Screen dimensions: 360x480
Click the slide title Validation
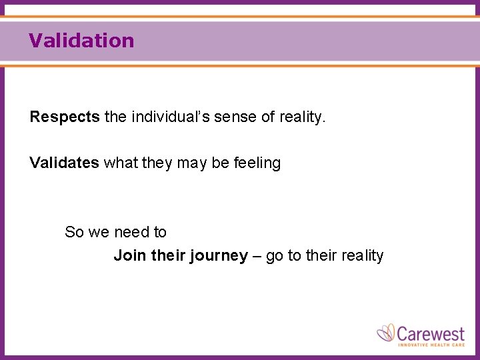[x=81, y=41]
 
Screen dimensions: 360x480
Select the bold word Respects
[x=65, y=117]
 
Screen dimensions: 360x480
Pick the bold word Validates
[x=64, y=163]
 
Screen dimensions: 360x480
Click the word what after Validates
[x=121, y=163]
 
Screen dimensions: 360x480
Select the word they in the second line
[x=157, y=163]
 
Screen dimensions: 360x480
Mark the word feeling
[x=256, y=163]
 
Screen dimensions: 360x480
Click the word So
[x=74, y=232]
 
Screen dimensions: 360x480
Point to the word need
[x=131, y=232]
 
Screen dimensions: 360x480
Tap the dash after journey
[x=257, y=257]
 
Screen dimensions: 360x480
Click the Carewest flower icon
[x=387, y=333]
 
